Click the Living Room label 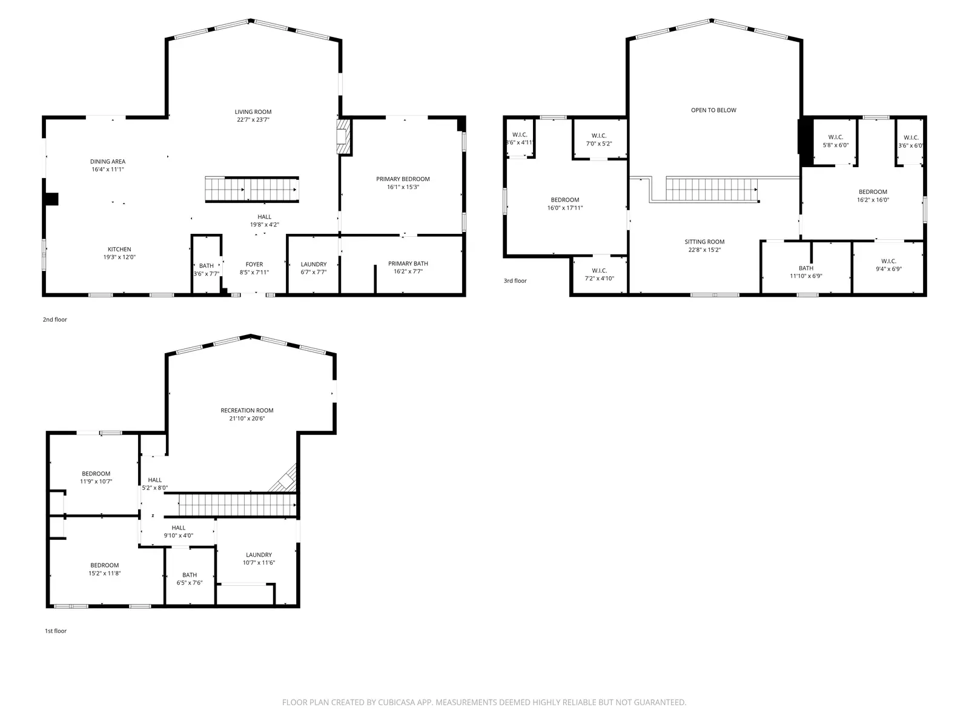coord(253,112)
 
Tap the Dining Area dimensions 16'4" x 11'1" coord(108,170)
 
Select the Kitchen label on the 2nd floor coord(119,250)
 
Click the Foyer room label coord(254,265)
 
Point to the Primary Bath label coord(408,264)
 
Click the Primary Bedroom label coord(403,179)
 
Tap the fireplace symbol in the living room coord(343,137)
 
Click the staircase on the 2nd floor coord(251,189)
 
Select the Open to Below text coord(713,110)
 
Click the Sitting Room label coord(704,242)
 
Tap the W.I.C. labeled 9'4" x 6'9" coord(888,265)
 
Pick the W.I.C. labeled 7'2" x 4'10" coord(599,274)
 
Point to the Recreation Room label coord(247,411)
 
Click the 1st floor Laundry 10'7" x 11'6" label coord(259,555)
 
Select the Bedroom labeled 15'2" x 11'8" coord(105,569)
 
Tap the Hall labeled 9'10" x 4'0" coord(178,531)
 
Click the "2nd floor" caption coord(55,319)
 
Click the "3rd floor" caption coord(515,281)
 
